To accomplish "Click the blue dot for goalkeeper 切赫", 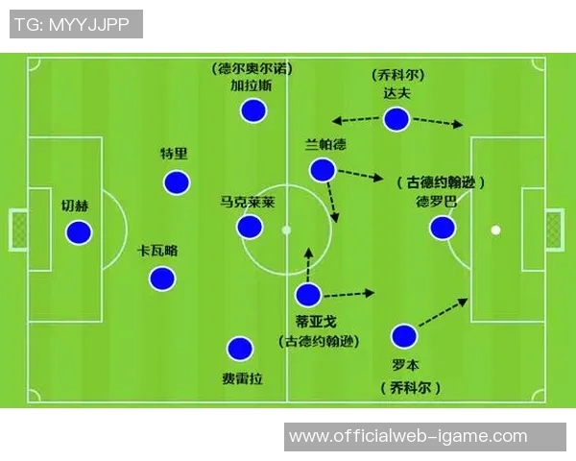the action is [x=79, y=232].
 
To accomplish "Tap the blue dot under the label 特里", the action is [x=177, y=182].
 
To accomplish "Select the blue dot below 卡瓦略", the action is [x=162, y=279].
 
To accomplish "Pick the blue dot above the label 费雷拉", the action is [x=240, y=348].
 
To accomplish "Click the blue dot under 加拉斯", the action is [x=253, y=110].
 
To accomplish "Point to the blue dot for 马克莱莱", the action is [x=250, y=227].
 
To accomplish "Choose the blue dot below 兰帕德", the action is [x=323, y=170].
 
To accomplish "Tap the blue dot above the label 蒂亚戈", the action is [x=308, y=295].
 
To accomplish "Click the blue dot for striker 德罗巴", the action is [x=443, y=228].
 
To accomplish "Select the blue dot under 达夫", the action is [x=396, y=119].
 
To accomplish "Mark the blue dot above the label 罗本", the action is [x=404, y=336].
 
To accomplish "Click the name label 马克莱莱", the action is [x=248, y=203].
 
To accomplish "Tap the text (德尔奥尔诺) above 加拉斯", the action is [x=252, y=69].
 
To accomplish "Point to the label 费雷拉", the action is [x=243, y=378].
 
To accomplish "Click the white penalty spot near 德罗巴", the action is [x=496, y=230].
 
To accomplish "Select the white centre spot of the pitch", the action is [x=286, y=230].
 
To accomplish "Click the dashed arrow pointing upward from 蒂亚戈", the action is [x=308, y=264].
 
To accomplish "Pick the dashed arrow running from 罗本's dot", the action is [x=443, y=312].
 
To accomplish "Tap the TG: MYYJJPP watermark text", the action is [x=72, y=25].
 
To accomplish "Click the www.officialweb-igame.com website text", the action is [x=408, y=436].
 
